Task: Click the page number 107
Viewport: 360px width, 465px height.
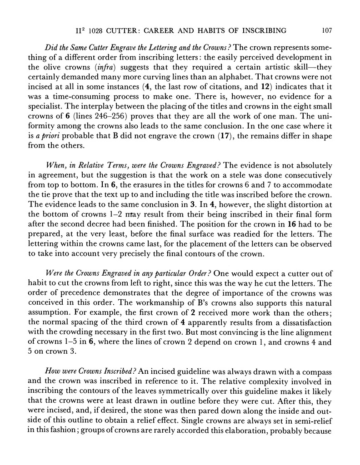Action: [326, 31]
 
